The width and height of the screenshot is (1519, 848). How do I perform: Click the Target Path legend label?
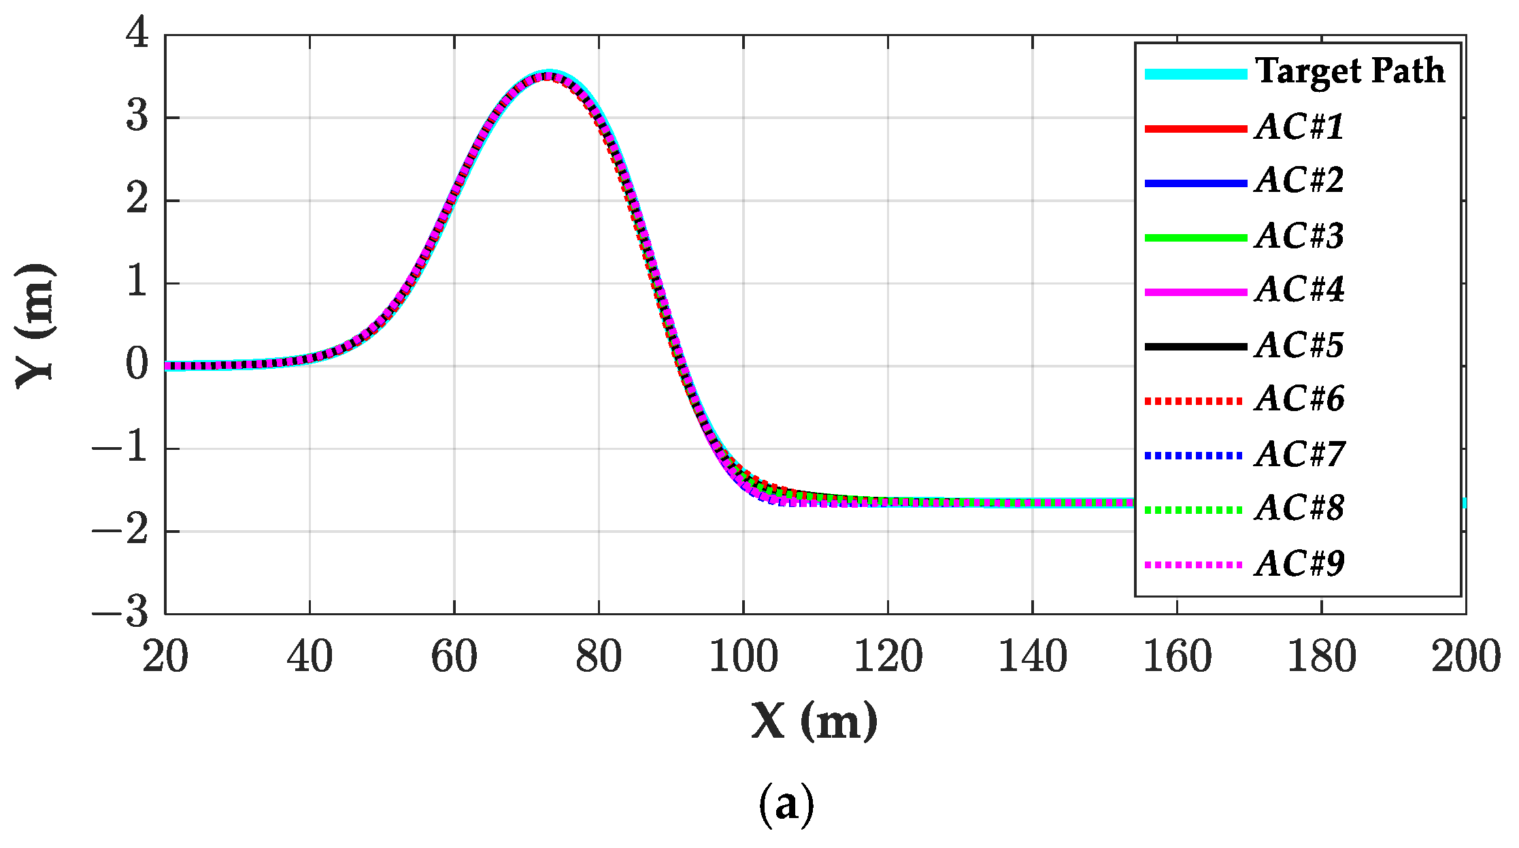[1350, 71]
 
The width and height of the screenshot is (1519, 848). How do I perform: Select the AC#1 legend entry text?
[1299, 127]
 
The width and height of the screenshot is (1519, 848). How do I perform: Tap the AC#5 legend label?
[1299, 345]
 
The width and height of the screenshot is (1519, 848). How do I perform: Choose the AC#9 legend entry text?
[1299, 564]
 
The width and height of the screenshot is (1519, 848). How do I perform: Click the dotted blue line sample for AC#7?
[1195, 455]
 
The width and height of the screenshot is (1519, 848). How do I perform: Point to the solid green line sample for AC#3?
[1195, 238]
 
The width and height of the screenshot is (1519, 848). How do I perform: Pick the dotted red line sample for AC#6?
[1195, 401]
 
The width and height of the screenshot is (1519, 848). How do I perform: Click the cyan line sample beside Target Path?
[1195, 74]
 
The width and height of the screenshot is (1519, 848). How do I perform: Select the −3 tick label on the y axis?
[121, 613]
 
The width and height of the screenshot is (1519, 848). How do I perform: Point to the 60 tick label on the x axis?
[454, 657]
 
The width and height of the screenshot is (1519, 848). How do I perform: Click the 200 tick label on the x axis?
[1465, 657]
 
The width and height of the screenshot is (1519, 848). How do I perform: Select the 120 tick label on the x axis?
[888, 657]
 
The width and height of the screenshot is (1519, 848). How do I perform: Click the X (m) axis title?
[814, 721]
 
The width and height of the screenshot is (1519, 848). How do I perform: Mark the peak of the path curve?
[548, 75]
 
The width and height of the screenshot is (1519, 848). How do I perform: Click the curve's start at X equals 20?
[167, 365]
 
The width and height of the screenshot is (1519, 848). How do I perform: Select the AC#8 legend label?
[1299, 508]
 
